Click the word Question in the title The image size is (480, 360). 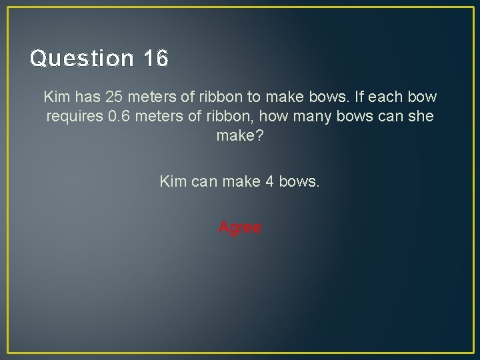click(x=81, y=59)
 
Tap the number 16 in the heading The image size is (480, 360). click(x=155, y=59)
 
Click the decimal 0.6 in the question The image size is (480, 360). click(x=119, y=117)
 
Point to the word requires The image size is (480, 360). click(x=73, y=117)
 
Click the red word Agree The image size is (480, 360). click(x=240, y=228)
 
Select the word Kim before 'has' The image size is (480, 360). click(x=57, y=97)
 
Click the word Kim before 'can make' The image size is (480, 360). click(x=173, y=181)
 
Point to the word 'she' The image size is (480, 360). click(x=419, y=117)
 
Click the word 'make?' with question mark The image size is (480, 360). click(x=239, y=136)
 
